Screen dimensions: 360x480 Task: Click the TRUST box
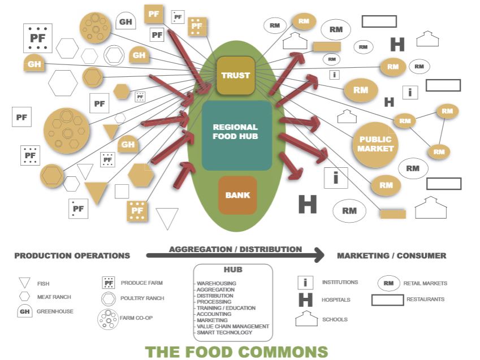(236, 75)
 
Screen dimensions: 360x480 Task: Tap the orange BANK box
(237, 196)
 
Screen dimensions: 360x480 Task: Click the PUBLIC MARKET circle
(375, 144)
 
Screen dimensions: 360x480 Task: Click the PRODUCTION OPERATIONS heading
(72, 255)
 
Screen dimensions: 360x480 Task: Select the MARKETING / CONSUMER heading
(391, 255)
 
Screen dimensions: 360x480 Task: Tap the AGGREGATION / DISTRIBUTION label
(235, 249)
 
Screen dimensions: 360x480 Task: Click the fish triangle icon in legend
(24, 283)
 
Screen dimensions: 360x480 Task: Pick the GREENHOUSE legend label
(55, 311)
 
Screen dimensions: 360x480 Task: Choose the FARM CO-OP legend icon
(107, 318)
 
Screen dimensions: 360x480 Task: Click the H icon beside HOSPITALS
(305, 300)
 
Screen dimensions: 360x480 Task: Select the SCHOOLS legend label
(334, 319)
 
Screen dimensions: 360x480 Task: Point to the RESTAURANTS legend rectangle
(387, 300)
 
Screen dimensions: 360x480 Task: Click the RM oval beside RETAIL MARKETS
(388, 283)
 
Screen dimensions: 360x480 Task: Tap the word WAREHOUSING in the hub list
(217, 283)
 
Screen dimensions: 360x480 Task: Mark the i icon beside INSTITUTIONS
(305, 283)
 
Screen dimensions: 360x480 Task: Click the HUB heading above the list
(232, 270)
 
